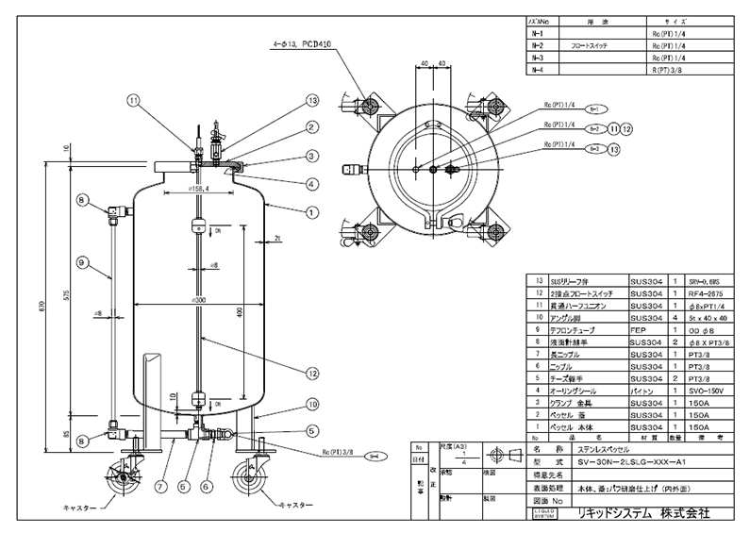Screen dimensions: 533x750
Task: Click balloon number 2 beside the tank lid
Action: [x=308, y=126]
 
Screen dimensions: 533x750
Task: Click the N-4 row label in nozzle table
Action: [x=539, y=70]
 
